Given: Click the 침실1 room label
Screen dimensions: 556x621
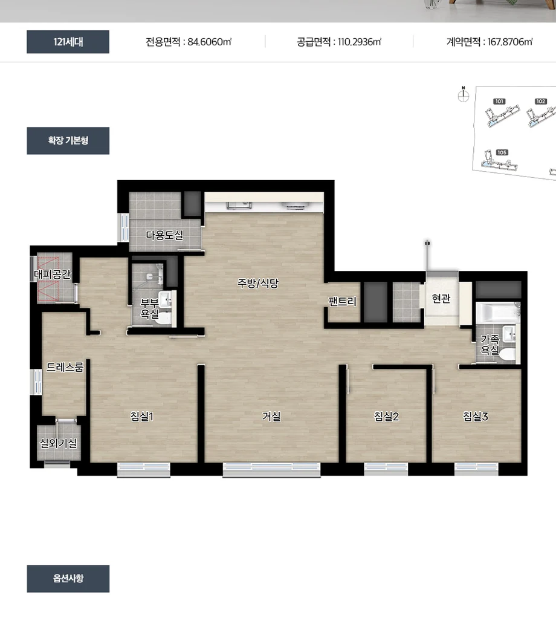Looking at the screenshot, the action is [141, 416].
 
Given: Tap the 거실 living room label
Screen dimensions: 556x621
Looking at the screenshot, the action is [271, 416].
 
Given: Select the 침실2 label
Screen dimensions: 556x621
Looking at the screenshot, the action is [386, 416].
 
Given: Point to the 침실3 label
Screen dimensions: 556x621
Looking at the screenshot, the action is [475, 416].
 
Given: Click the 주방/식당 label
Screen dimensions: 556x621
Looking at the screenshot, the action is [258, 283].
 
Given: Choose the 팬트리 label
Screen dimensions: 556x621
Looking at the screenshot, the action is [342, 301].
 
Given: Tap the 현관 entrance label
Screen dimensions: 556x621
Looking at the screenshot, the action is [441, 298].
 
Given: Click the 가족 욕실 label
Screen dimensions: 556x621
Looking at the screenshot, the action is [490, 345].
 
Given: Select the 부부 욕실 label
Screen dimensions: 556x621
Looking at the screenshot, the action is [150, 308].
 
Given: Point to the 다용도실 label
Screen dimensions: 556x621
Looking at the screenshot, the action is [164, 235].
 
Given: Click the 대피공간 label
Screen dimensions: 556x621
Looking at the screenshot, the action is [52, 274].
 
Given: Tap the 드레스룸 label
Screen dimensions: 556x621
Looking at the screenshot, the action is [65, 367].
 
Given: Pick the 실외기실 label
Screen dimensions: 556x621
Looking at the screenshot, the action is [59, 443].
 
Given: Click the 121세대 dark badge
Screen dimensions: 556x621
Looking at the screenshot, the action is [68, 42].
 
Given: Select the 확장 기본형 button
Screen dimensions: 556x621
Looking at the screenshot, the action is [68, 141].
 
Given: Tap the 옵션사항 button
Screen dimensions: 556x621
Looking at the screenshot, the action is [68, 579].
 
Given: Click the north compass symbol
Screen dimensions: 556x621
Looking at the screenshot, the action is [464, 94].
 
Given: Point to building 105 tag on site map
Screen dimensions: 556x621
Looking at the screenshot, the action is [502, 152].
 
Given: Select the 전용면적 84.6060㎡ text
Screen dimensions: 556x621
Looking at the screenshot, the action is [189, 42].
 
